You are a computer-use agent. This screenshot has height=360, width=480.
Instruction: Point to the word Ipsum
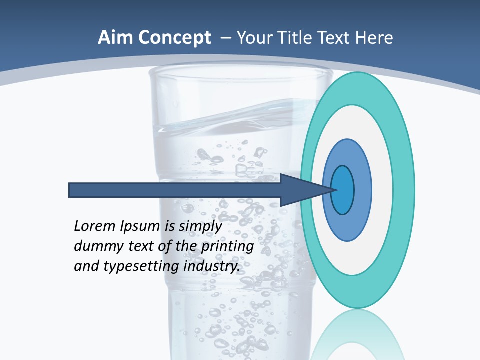(x=141, y=226)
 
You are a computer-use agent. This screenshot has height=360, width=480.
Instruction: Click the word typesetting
(x=140, y=266)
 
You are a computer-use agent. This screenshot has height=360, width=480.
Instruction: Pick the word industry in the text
(x=211, y=266)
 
